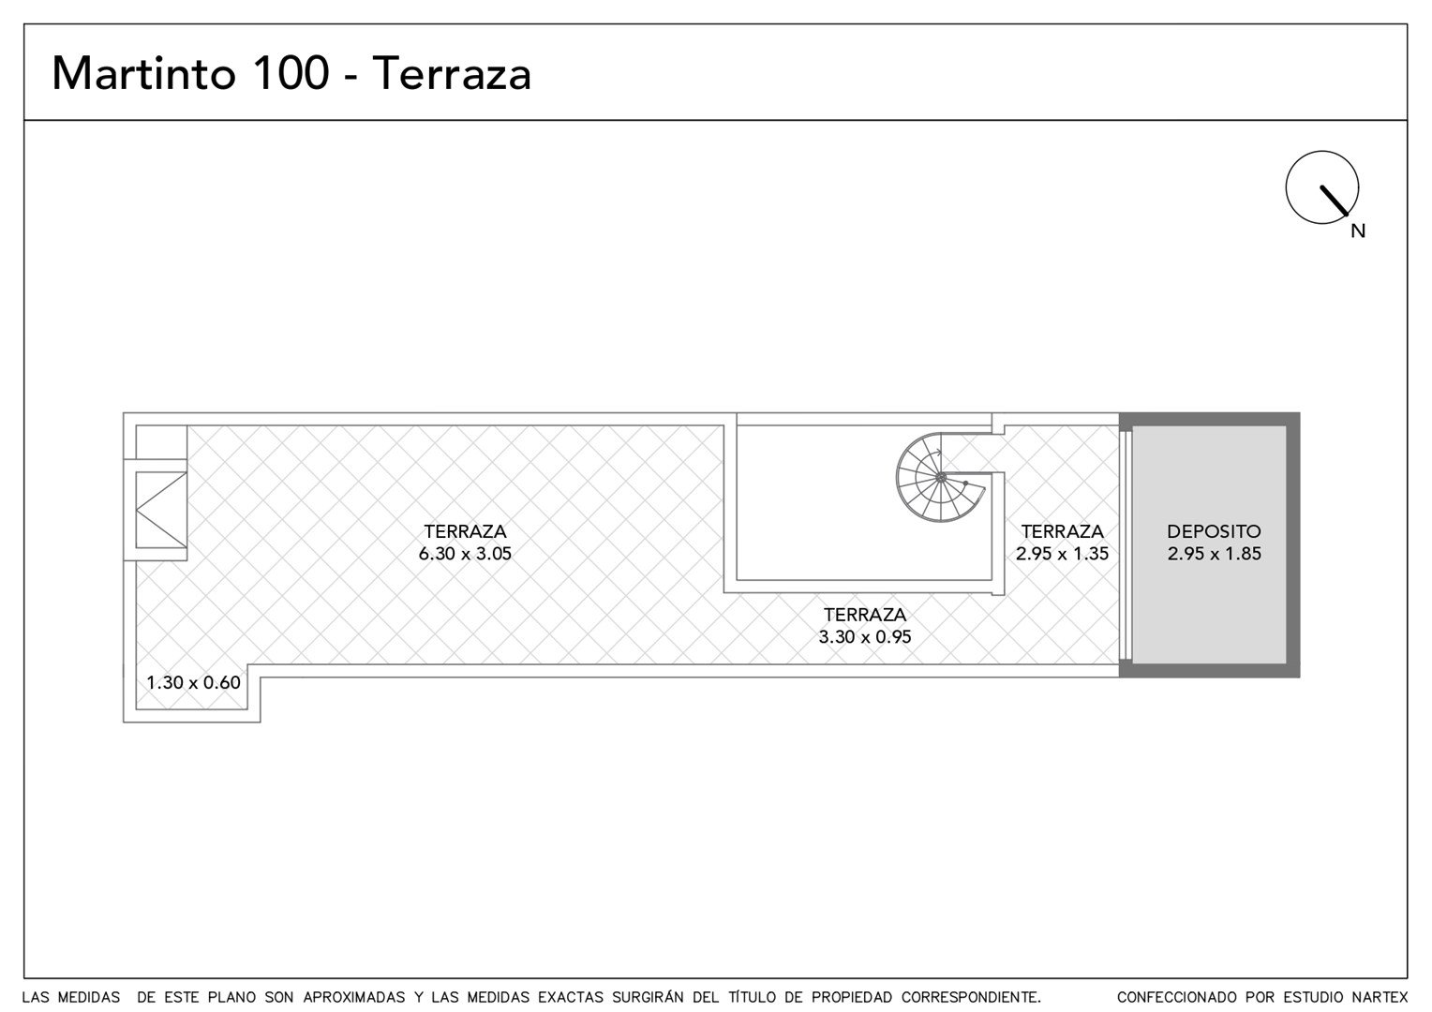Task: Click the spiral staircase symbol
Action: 940,478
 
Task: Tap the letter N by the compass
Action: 1358,231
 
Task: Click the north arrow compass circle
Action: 1322,152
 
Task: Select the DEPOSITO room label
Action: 1214,531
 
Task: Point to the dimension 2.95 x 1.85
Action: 1214,554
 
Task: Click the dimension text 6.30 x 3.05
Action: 465,554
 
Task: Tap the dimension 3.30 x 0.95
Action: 865,637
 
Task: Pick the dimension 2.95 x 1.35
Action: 1062,554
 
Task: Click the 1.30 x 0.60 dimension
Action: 194,683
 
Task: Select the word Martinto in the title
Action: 143,73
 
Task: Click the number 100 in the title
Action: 291,73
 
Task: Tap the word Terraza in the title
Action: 451,74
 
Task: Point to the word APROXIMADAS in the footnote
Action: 354,997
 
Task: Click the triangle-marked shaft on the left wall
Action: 161,510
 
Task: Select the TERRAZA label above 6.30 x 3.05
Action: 465,531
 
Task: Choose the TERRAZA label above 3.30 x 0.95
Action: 865,615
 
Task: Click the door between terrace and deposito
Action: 1126,545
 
